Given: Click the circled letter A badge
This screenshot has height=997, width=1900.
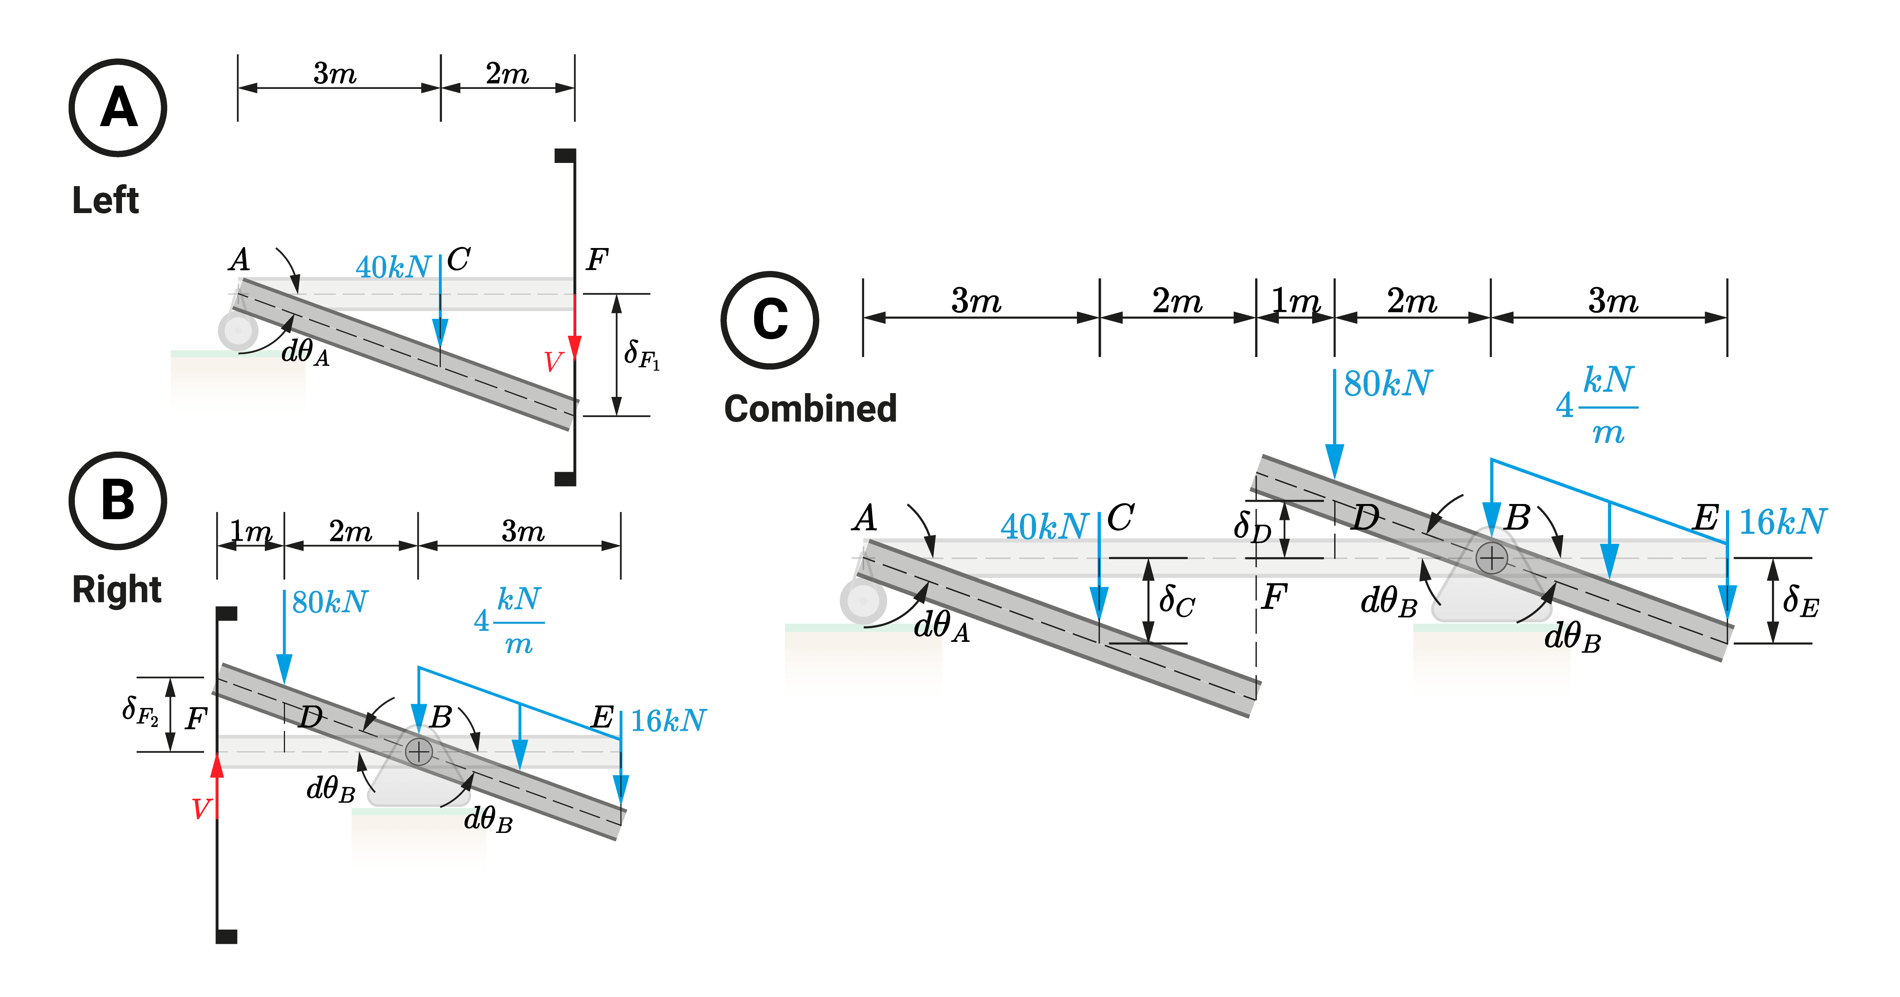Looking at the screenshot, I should [x=118, y=107].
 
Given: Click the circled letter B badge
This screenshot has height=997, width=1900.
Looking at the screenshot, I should [x=118, y=501].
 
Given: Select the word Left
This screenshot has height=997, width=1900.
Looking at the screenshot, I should [x=106, y=201].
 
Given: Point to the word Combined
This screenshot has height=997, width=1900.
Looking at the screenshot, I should [x=810, y=409].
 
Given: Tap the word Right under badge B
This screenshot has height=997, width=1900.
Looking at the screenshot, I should [x=117, y=590].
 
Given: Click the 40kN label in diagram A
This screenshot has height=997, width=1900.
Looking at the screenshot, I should [x=393, y=267].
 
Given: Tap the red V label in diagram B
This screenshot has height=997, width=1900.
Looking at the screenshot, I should [x=201, y=809].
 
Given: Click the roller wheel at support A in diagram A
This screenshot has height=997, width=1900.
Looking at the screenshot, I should [x=237, y=331].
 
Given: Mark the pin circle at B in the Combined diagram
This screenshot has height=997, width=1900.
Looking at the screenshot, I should [x=1491, y=558].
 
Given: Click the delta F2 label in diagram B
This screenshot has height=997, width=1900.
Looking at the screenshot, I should [x=140, y=712].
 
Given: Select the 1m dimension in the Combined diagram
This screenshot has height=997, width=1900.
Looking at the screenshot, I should [x=1295, y=301].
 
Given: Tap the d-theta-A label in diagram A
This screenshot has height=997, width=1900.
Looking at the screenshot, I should [x=306, y=352].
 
